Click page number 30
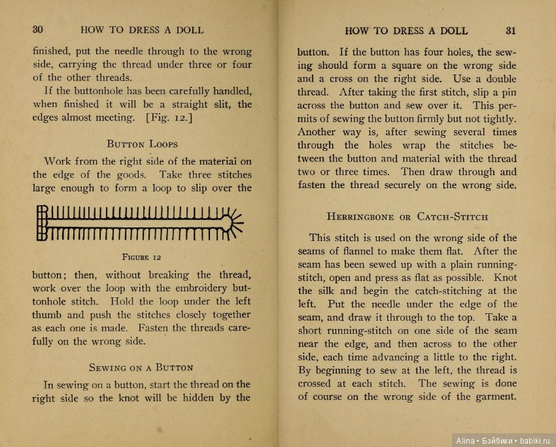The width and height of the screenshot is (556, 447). (37, 29)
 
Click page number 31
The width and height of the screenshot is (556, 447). (511, 30)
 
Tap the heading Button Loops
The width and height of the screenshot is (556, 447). (142, 144)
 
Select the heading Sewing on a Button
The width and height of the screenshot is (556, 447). (141, 367)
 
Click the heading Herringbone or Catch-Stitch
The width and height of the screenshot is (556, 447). (407, 216)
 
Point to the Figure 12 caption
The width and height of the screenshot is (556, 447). (141, 257)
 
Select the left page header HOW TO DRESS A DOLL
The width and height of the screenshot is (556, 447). (142, 29)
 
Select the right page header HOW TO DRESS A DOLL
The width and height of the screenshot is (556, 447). (406, 30)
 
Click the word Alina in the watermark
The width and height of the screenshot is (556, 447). (465, 440)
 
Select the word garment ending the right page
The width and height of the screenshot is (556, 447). (495, 397)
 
